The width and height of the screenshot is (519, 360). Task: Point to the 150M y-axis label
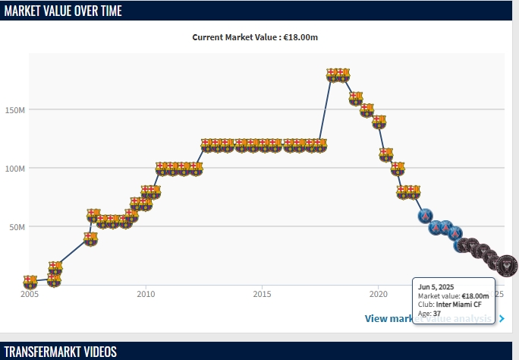click(15, 110)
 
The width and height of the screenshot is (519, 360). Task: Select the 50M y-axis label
click(17, 227)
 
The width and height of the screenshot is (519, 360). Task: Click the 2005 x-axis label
click(30, 294)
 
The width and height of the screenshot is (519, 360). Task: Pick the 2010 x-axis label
click(146, 294)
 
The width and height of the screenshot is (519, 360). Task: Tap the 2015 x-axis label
click(262, 294)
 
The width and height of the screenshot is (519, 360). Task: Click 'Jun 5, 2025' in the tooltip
click(436, 286)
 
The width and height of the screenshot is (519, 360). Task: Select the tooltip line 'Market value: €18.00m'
click(453, 295)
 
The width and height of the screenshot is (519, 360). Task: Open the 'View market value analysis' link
click(429, 319)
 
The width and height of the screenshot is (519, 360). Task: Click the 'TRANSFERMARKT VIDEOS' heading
click(61, 351)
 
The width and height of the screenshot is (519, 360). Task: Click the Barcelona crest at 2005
click(30, 282)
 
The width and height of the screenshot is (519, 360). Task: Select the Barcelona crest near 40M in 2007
click(90, 238)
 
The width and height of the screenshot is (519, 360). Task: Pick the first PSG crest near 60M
click(426, 216)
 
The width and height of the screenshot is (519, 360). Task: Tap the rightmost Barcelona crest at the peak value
click(343, 74)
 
